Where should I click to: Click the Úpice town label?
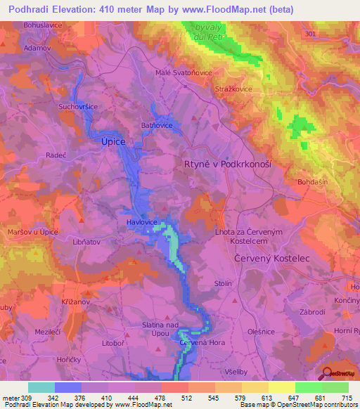pyautogui.click(x=113, y=141)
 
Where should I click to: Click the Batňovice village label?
pyautogui.click(x=157, y=124)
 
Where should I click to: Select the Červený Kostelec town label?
pyautogui.click(x=271, y=259)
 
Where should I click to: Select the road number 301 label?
pyautogui.click(x=311, y=33)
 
